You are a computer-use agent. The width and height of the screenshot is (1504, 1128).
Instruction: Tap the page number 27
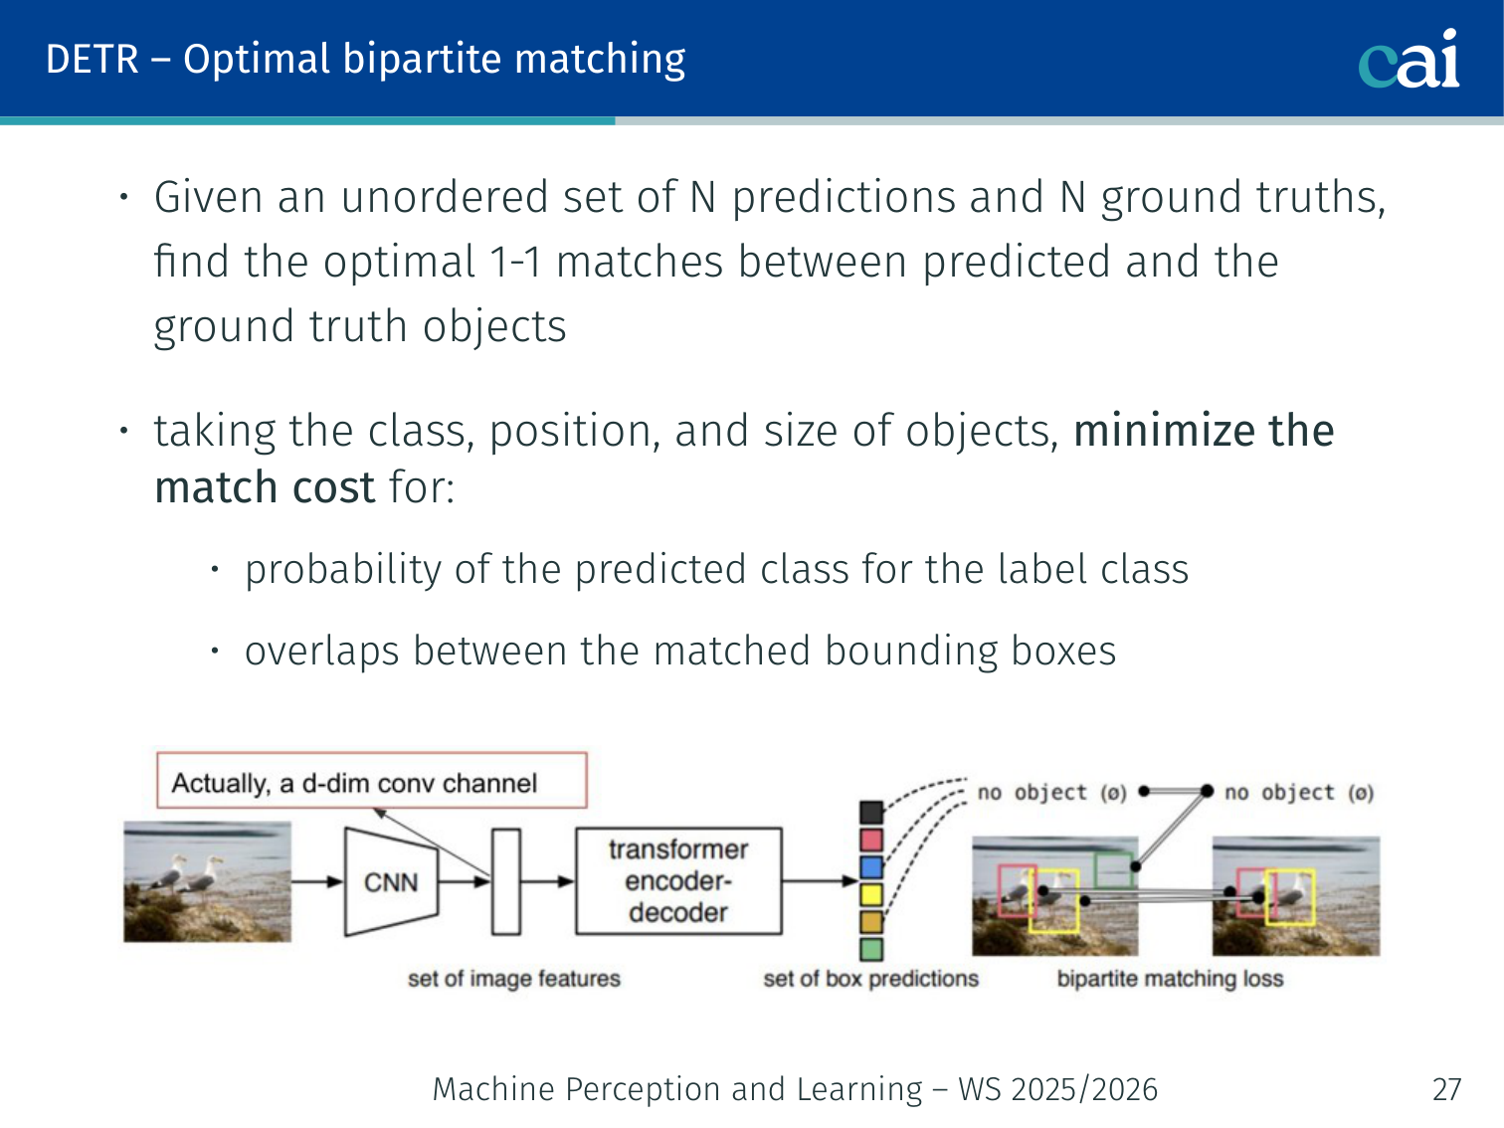tap(1446, 1089)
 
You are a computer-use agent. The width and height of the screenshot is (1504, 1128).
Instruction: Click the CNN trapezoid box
tap(391, 882)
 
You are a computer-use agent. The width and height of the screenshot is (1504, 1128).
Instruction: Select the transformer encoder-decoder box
tap(678, 881)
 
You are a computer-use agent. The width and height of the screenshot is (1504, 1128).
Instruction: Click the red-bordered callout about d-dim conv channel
tap(371, 781)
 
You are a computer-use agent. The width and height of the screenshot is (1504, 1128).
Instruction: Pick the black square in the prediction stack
tap(871, 813)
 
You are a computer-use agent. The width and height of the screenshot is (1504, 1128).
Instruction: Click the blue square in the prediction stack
tap(871, 867)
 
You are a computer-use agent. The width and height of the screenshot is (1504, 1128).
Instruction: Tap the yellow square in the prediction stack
tap(871, 895)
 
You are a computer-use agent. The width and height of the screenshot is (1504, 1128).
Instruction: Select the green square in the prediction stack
tap(871, 950)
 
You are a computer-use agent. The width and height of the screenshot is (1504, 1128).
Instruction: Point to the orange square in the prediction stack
tap(871, 922)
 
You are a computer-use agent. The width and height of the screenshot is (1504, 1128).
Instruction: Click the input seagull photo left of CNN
tap(207, 882)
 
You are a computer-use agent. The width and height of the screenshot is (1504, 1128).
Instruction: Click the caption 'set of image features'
tap(514, 979)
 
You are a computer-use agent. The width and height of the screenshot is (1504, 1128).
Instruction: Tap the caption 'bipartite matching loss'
tap(1170, 979)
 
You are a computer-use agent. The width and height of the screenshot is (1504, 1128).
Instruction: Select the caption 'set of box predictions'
tap(871, 979)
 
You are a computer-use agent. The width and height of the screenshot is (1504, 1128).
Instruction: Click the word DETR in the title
tap(93, 59)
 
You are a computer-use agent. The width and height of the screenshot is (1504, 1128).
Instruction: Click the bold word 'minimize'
tap(1164, 431)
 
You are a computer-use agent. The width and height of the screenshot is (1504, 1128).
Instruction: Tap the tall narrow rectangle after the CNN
tap(506, 881)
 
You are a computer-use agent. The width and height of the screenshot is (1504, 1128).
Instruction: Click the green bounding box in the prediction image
tap(1113, 871)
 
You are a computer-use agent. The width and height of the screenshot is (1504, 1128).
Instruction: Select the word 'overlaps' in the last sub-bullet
tap(322, 652)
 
